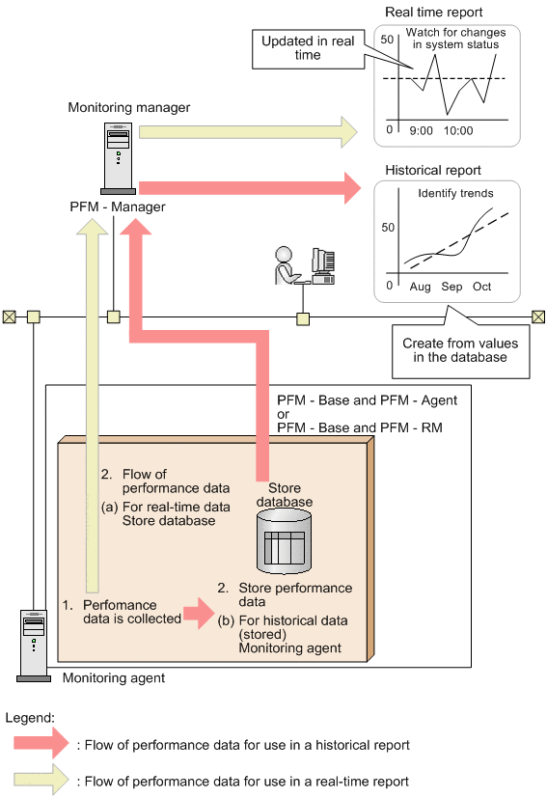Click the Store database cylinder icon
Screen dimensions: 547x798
pos(284,542)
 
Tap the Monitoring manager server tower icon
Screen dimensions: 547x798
pos(119,158)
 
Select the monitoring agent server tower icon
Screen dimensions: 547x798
pos(34,646)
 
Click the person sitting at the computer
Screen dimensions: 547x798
pos(286,265)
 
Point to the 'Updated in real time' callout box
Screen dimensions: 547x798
pos(309,49)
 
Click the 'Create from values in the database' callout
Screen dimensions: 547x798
pos(460,351)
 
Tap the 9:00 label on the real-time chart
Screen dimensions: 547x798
pos(422,131)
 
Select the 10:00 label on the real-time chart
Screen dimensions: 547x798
pos(458,131)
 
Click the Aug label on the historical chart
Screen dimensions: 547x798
pos(420,287)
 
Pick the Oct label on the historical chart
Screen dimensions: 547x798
pos(481,287)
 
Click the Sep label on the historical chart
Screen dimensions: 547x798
pos(451,287)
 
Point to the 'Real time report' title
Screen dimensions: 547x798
pos(434,13)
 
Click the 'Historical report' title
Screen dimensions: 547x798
pos(433,170)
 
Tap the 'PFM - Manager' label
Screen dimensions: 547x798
pos(118,206)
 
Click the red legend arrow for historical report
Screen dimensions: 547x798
pos(41,743)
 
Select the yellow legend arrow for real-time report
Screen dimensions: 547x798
pos(41,779)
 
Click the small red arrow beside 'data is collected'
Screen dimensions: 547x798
pos(199,613)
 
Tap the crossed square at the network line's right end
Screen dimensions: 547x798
pos(538,317)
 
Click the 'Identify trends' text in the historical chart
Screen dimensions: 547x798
pos(456,193)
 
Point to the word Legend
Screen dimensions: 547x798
pos(30,718)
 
